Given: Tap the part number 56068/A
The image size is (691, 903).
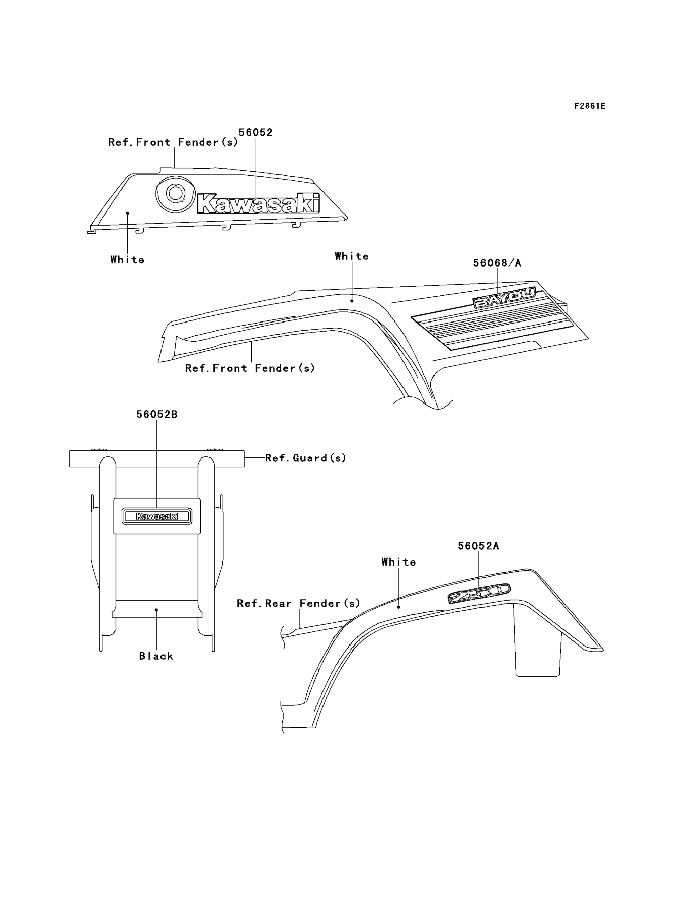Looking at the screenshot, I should (x=497, y=263).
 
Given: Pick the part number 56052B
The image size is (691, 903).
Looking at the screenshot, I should (x=157, y=414).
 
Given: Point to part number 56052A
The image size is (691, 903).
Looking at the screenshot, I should (x=479, y=546).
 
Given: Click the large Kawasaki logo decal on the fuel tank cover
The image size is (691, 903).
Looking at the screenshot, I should (x=258, y=203).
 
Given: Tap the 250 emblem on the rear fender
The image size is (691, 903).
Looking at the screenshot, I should (x=479, y=593).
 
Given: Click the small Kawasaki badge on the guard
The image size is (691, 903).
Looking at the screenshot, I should (x=157, y=516).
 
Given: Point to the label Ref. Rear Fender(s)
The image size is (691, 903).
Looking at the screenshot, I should (x=298, y=603).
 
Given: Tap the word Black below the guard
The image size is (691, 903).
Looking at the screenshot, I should (x=156, y=656).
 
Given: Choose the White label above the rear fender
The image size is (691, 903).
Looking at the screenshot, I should (x=399, y=562).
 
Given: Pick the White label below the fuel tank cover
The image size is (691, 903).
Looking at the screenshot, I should (x=127, y=260).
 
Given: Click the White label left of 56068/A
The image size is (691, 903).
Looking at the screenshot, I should (x=352, y=256).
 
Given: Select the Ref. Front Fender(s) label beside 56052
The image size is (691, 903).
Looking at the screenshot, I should (x=173, y=142).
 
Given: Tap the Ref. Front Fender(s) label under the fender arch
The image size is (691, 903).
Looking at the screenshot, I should (x=250, y=368).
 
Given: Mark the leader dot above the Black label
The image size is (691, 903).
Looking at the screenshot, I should (x=156, y=610).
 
